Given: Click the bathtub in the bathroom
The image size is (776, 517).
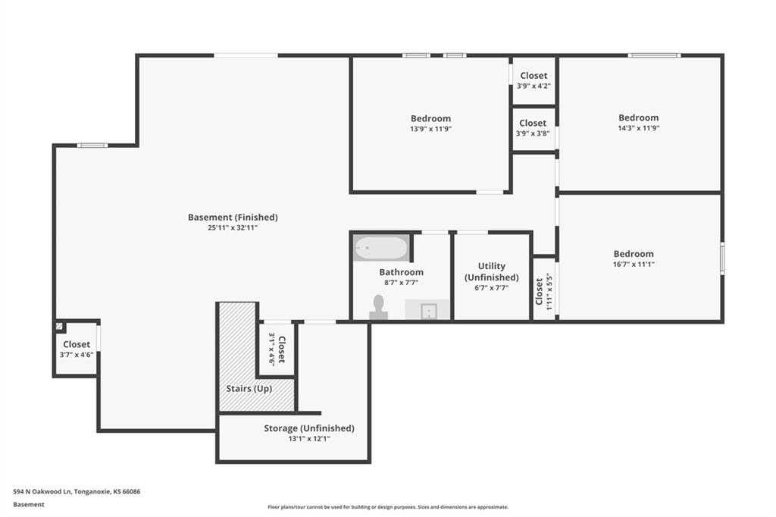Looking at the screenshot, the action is pos(381,248).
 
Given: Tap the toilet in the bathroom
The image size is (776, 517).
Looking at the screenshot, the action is pos(379,308).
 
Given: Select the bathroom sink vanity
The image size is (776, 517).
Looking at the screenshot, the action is pos(427,309).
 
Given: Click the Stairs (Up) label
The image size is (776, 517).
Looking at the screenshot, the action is pos(249,389).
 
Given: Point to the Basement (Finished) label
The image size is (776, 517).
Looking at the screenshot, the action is pos(233,217).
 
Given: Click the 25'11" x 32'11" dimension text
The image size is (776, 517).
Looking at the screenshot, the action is pos(233,228).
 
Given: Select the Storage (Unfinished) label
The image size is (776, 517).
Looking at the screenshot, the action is pos(309,428).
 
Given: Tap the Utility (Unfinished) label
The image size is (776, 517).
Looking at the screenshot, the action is pos(491,271).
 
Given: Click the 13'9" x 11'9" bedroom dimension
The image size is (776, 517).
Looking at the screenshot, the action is pos(430,129).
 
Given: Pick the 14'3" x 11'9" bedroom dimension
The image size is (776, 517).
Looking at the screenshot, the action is pos(638,128).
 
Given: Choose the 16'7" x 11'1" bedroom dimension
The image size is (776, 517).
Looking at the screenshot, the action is pos(634,265).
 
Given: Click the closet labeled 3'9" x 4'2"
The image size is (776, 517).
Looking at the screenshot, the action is pos(533,80).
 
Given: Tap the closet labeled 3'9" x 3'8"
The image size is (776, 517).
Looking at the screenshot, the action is pos(533,128).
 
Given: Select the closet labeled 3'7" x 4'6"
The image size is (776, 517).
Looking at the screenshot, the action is pos(77,349).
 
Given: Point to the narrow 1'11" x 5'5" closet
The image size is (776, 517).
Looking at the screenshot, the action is pos(544,289).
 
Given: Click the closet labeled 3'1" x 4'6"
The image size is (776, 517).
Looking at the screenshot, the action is pos(277,349).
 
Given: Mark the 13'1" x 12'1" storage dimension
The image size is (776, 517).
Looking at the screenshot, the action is pos(309,439).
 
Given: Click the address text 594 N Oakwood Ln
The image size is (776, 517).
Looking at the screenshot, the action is pos(42,492).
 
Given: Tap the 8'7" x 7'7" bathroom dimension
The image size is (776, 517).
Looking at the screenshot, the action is pos(402,284).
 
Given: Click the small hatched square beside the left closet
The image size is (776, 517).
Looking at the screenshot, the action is pos(59,326).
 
